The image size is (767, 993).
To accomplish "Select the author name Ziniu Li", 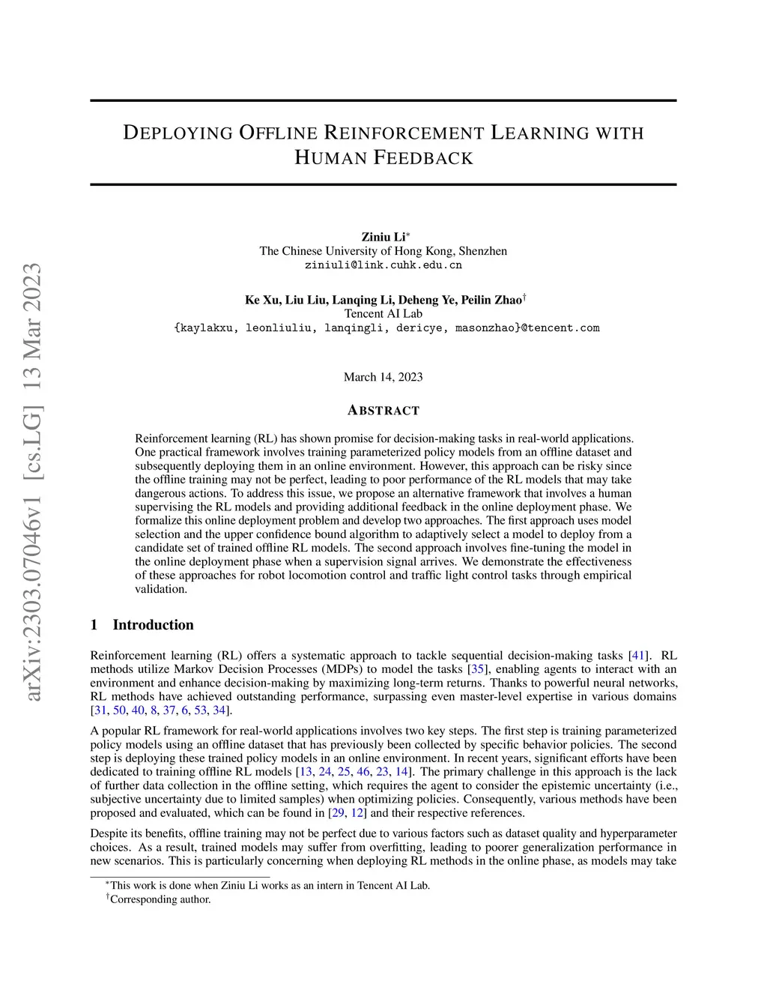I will pos(383,238).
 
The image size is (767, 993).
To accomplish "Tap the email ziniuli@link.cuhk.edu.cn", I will pos(383,265).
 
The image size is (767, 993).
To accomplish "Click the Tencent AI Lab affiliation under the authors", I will pos(383,314).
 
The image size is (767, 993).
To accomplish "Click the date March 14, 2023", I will pos(383,377).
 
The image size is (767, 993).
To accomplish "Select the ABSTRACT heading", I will pos(383,411).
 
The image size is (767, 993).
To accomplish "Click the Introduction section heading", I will pos(153,625).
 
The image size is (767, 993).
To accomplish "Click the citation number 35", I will pos(478,669).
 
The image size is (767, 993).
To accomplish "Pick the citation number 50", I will pos(119,710).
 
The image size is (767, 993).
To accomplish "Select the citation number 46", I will pos(363,772).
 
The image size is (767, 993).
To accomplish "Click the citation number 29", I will pos(337,813).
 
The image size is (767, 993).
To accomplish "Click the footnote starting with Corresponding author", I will pos(160,899).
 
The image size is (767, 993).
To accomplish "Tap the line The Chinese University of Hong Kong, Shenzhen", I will pos(383,251).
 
